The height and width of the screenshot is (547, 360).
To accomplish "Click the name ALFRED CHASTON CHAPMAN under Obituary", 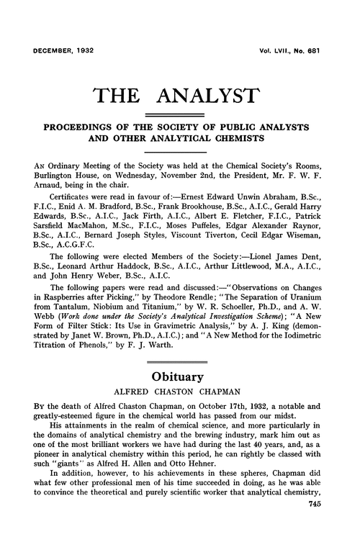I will pyautogui.click(x=180, y=394).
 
